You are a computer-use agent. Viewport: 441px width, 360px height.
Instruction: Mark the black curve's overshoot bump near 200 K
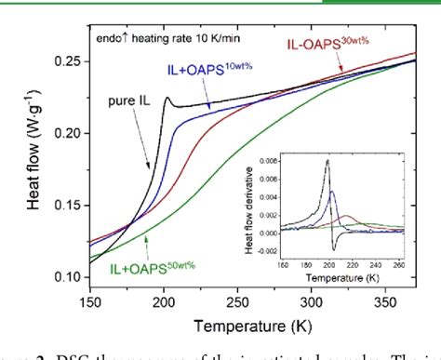[x=167, y=98]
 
